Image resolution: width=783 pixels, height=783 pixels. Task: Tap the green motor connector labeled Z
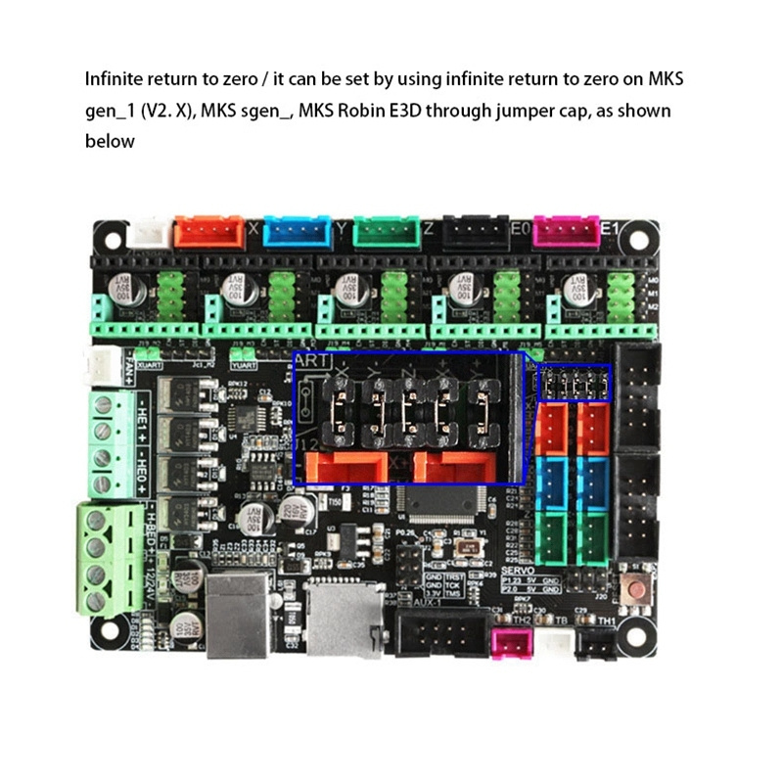point(385,232)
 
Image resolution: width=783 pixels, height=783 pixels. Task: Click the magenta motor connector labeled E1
point(564,231)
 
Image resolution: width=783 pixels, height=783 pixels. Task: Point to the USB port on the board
point(238,614)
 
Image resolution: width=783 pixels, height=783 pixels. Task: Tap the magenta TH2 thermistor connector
point(511,643)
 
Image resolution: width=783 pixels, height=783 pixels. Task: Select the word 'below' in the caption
point(109,142)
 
